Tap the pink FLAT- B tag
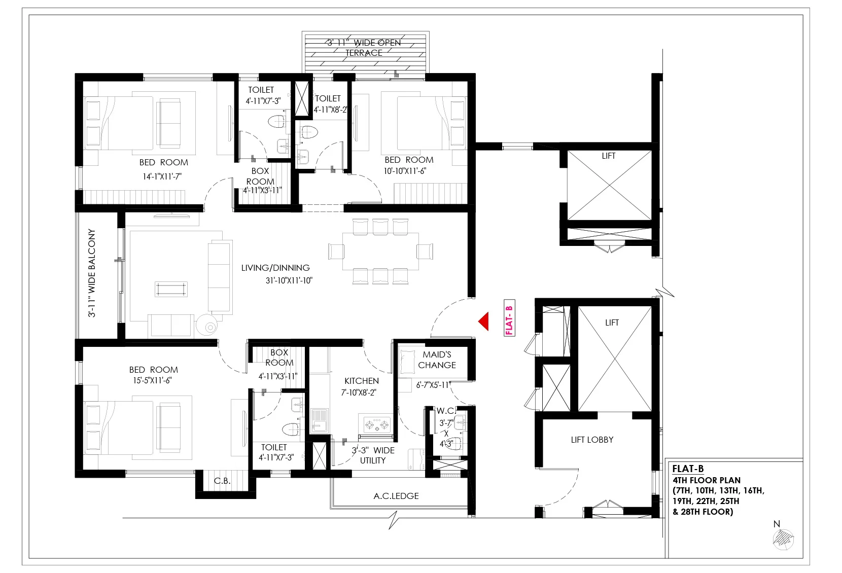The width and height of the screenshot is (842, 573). [x=509, y=318]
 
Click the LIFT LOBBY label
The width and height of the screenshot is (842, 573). [x=592, y=440]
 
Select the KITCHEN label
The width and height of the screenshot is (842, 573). [x=362, y=381]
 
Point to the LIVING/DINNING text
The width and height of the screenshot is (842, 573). [x=275, y=268]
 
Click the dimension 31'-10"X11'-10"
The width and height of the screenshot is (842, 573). [x=289, y=280]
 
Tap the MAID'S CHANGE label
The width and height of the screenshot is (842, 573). [x=437, y=360]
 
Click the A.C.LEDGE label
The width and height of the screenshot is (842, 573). [x=396, y=496]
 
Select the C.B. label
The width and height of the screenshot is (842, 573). [x=222, y=481]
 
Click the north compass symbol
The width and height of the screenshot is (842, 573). [x=783, y=540]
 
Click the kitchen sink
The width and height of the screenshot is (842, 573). [x=319, y=420]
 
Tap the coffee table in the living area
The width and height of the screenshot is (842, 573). [x=171, y=290]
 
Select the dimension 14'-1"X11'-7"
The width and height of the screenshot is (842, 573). [x=162, y=176]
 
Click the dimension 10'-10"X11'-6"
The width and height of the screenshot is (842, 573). [x=405, y=171]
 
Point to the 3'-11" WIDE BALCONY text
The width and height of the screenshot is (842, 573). [x=92, y=273]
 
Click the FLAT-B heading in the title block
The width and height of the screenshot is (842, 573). [x=688, y=469]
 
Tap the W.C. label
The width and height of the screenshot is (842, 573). [x=446, y=411]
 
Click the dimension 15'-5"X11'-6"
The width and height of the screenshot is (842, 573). [x=152, y=380]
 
